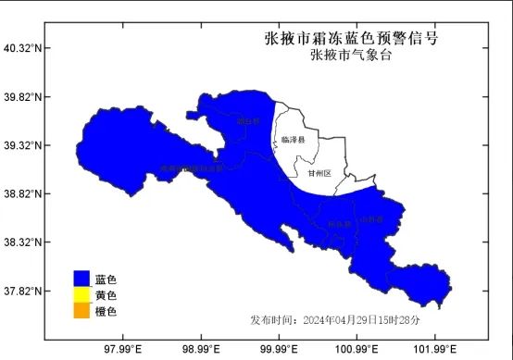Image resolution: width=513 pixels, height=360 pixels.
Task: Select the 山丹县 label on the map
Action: (370, 219)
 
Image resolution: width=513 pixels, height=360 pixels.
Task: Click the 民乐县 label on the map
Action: (338, 224)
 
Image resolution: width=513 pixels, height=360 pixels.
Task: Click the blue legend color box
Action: (82, 279)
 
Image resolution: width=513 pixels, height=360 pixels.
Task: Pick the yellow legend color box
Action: (82, 295)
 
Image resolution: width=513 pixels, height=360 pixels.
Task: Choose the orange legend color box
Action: (82, 312)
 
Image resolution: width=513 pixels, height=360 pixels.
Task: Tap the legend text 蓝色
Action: (106, 279)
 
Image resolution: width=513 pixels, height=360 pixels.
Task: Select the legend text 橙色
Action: (106, 312)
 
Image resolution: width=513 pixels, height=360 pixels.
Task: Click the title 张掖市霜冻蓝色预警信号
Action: (351, 39)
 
